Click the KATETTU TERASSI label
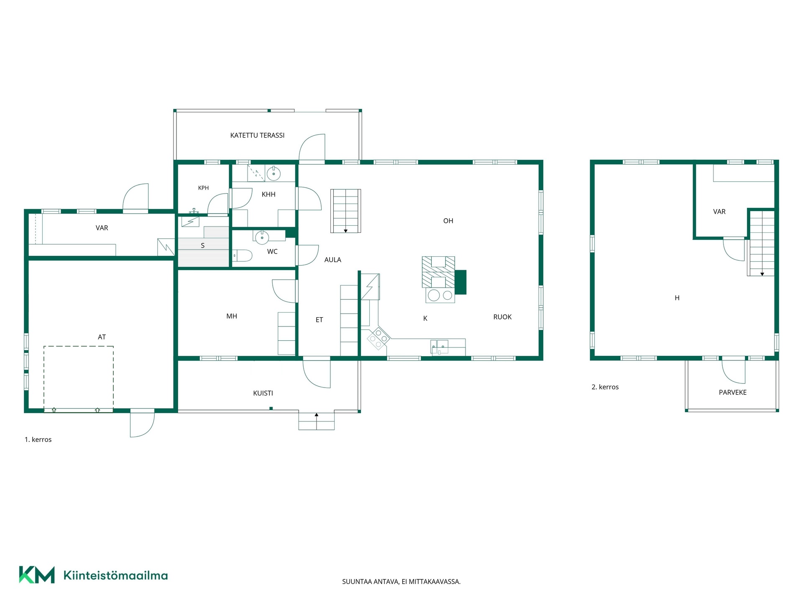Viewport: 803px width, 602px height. pyautogui.click(x=257, y=135)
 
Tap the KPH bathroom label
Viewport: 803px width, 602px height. pyautogui.click(x=203, y=188)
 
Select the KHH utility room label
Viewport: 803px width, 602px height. pyautogui.click(x=269, y=194)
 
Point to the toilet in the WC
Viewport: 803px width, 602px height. pyautogui.click(x=242, y=255)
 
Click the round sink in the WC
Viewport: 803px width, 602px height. pyautogui.click(x=262, y=237)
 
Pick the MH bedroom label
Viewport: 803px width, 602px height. pyautogui.click(x=232, y=316)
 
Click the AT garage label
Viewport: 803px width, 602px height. pyautogui.click(x=102, y=337)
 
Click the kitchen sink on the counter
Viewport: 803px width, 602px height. pyautogui.click(x=439, y=347)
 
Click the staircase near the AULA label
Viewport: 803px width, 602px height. pyautogui.click(x=346, y=211)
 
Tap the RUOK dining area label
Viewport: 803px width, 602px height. pyautogui.click(x=502, y=317)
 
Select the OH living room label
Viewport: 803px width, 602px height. pyautogui.click(x=448, y=221)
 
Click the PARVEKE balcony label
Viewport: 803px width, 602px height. pyautogui.click(x=732, y=393)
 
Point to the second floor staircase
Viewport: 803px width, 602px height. pyautogui.click(x=762, y=243)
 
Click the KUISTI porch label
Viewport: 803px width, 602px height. pyautogui.click(x=263, y=393)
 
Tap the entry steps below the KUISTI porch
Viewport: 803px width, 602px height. pyautogui.click(x=317, y=421)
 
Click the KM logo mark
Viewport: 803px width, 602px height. pyautogui.click(x=37, y=575)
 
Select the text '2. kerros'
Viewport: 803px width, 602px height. pyautogui.click(x=605, y=387)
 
